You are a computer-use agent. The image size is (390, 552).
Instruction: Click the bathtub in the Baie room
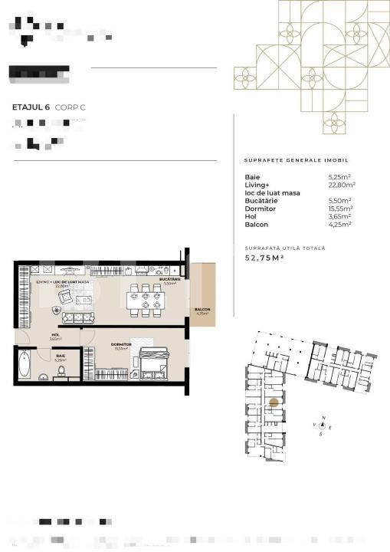[25, 363]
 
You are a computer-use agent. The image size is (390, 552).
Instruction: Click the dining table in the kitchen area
[146, 298]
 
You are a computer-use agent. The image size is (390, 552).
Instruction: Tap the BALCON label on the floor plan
[202, 310]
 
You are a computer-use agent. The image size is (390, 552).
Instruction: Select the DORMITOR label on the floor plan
[121, 345]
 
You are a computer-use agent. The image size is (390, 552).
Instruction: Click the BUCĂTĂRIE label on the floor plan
[169, 280]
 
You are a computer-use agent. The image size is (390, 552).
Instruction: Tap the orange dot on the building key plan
[274, 402]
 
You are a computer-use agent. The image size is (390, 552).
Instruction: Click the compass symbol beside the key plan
[323, 423]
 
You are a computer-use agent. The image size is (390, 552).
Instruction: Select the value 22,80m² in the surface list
[342, 184]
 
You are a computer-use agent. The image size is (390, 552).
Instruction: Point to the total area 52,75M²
[265, 258]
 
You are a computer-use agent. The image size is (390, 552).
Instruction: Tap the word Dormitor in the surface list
[259, 208]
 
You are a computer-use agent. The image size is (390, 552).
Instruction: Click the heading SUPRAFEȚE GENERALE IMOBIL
[296, 161]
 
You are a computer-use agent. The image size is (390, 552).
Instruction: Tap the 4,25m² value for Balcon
[339, 224]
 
